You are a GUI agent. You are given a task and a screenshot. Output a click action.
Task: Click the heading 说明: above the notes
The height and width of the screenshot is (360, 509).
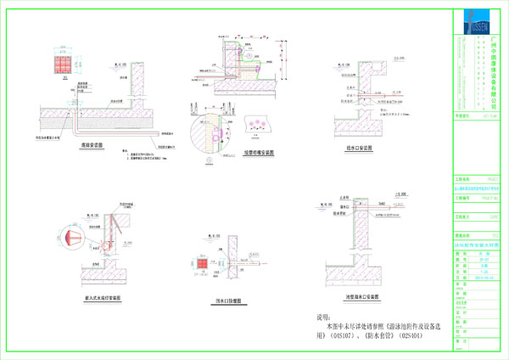coord(315,316)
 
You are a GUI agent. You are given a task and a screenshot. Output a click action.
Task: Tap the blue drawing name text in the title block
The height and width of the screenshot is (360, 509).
coord(484,244)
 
